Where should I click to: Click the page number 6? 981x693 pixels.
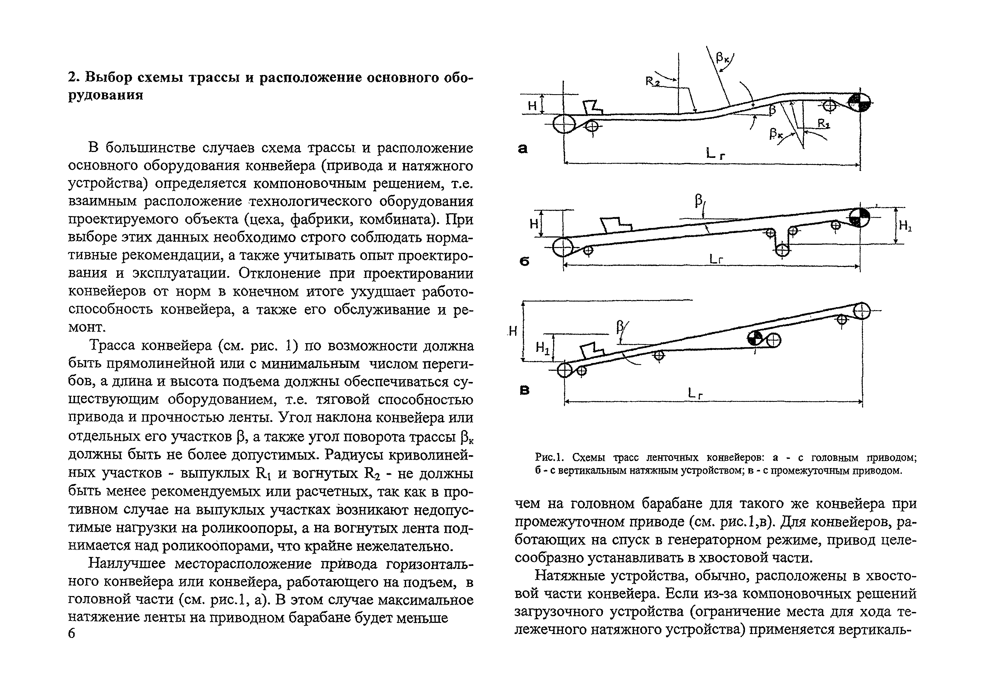click(x=71, y=633)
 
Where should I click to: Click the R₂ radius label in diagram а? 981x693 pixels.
click(x=652, y=81)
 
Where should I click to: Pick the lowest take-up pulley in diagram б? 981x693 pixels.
click(x=782, y=250)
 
